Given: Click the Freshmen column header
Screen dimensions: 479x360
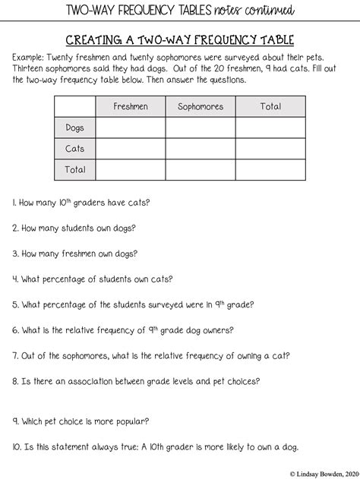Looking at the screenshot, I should pos(131,107).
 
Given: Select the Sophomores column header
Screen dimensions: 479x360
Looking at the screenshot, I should pos(201,107).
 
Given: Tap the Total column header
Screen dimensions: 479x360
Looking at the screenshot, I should pos(270,107).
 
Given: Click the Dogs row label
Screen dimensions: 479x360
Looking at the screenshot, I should pos(75,128).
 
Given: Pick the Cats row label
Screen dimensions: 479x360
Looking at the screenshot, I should pos(75,149).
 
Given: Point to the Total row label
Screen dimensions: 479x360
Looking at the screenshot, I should pos(75,170).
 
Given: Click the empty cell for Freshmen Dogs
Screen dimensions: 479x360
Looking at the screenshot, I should pos(131,128).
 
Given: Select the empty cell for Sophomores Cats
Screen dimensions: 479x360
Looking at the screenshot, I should pos(201,149).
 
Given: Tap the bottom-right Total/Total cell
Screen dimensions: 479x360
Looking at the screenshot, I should pos(270,170).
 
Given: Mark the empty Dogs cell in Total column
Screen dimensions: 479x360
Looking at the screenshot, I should pos(270,128).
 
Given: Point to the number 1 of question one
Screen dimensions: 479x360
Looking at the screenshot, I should pos(14,203).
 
